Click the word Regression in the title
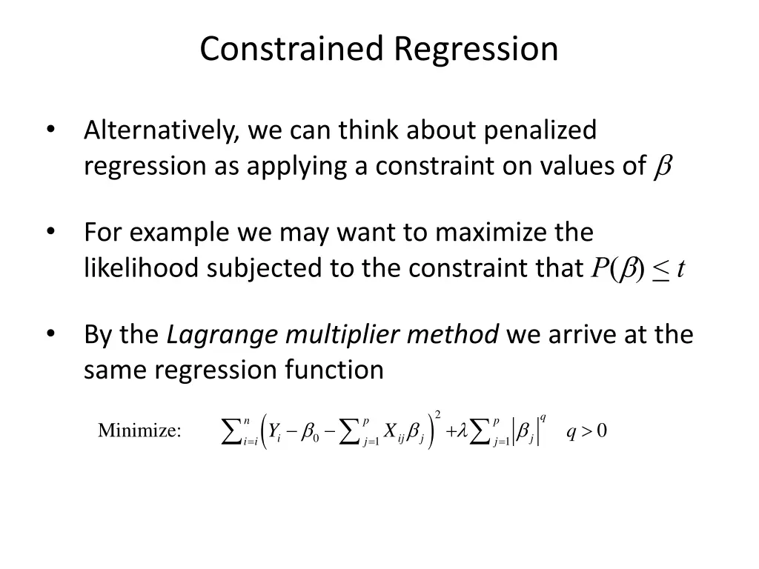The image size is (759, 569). [476, 50]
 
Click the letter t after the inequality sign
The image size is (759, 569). [680, 269]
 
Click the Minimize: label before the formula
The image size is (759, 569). [139, 430]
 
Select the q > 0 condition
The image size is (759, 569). [586, 430]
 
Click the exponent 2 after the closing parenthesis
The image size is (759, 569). [438, 413]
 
